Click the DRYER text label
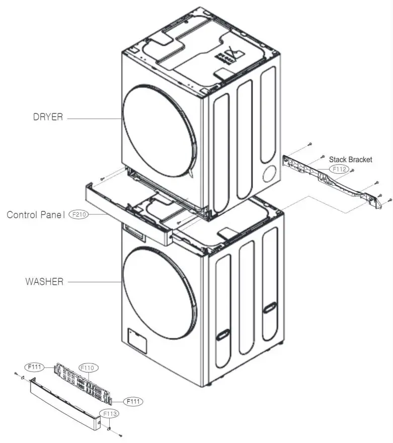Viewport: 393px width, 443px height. (x=48, y=117)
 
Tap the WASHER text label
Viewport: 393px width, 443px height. (x=44, y=281)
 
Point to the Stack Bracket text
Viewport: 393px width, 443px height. (x=350, y=159)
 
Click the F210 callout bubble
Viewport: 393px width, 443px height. (x=78, y=214)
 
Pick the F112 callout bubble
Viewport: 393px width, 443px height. (x=338, y=169)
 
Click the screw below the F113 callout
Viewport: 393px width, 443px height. (x=120, y=434)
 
